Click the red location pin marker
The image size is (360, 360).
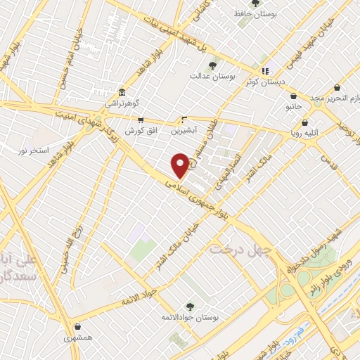pyautogui.click(x=181, y=166)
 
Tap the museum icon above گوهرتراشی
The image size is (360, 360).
pyautogui.click(x=122, y=93)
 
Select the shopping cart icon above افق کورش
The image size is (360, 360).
pyautogui.click(x=141, y=120)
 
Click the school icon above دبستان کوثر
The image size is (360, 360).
pyautogui.click(x=265, y=71)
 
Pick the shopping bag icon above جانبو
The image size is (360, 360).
pyautogui.click(x=293, y=96)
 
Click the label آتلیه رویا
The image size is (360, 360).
pyautogui.click(x=305, y=131)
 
